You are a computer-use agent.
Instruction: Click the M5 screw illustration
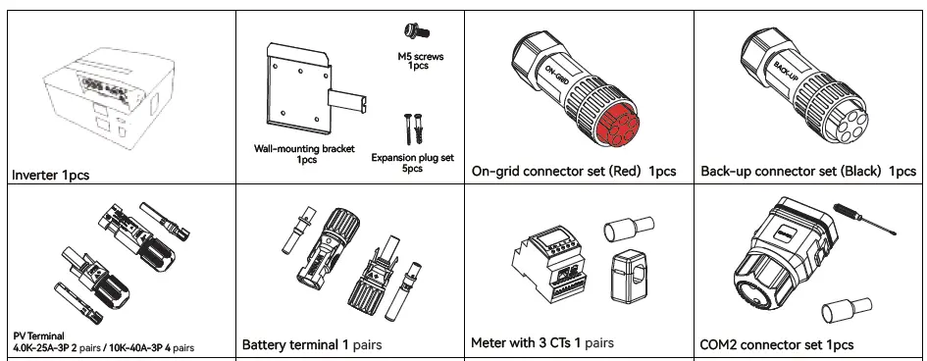(x=417, y=31)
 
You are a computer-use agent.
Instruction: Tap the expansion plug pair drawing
(x=413, y=129)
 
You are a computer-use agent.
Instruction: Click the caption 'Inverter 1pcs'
(x=51, y=175)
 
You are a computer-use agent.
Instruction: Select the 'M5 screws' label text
(x=421, y=57)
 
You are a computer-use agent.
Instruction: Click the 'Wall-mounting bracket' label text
(x=304, y=149)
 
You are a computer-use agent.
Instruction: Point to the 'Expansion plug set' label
(x=413, y=158)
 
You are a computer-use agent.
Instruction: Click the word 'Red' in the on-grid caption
(x=627, y=172)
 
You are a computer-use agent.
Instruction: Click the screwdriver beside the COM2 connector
(x=864, y=219)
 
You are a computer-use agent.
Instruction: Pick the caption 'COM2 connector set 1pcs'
(x=776, y=344)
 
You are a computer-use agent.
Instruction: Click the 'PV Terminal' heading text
(x=38, y=336)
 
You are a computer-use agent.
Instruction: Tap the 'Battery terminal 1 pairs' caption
(x=312, y=344)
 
